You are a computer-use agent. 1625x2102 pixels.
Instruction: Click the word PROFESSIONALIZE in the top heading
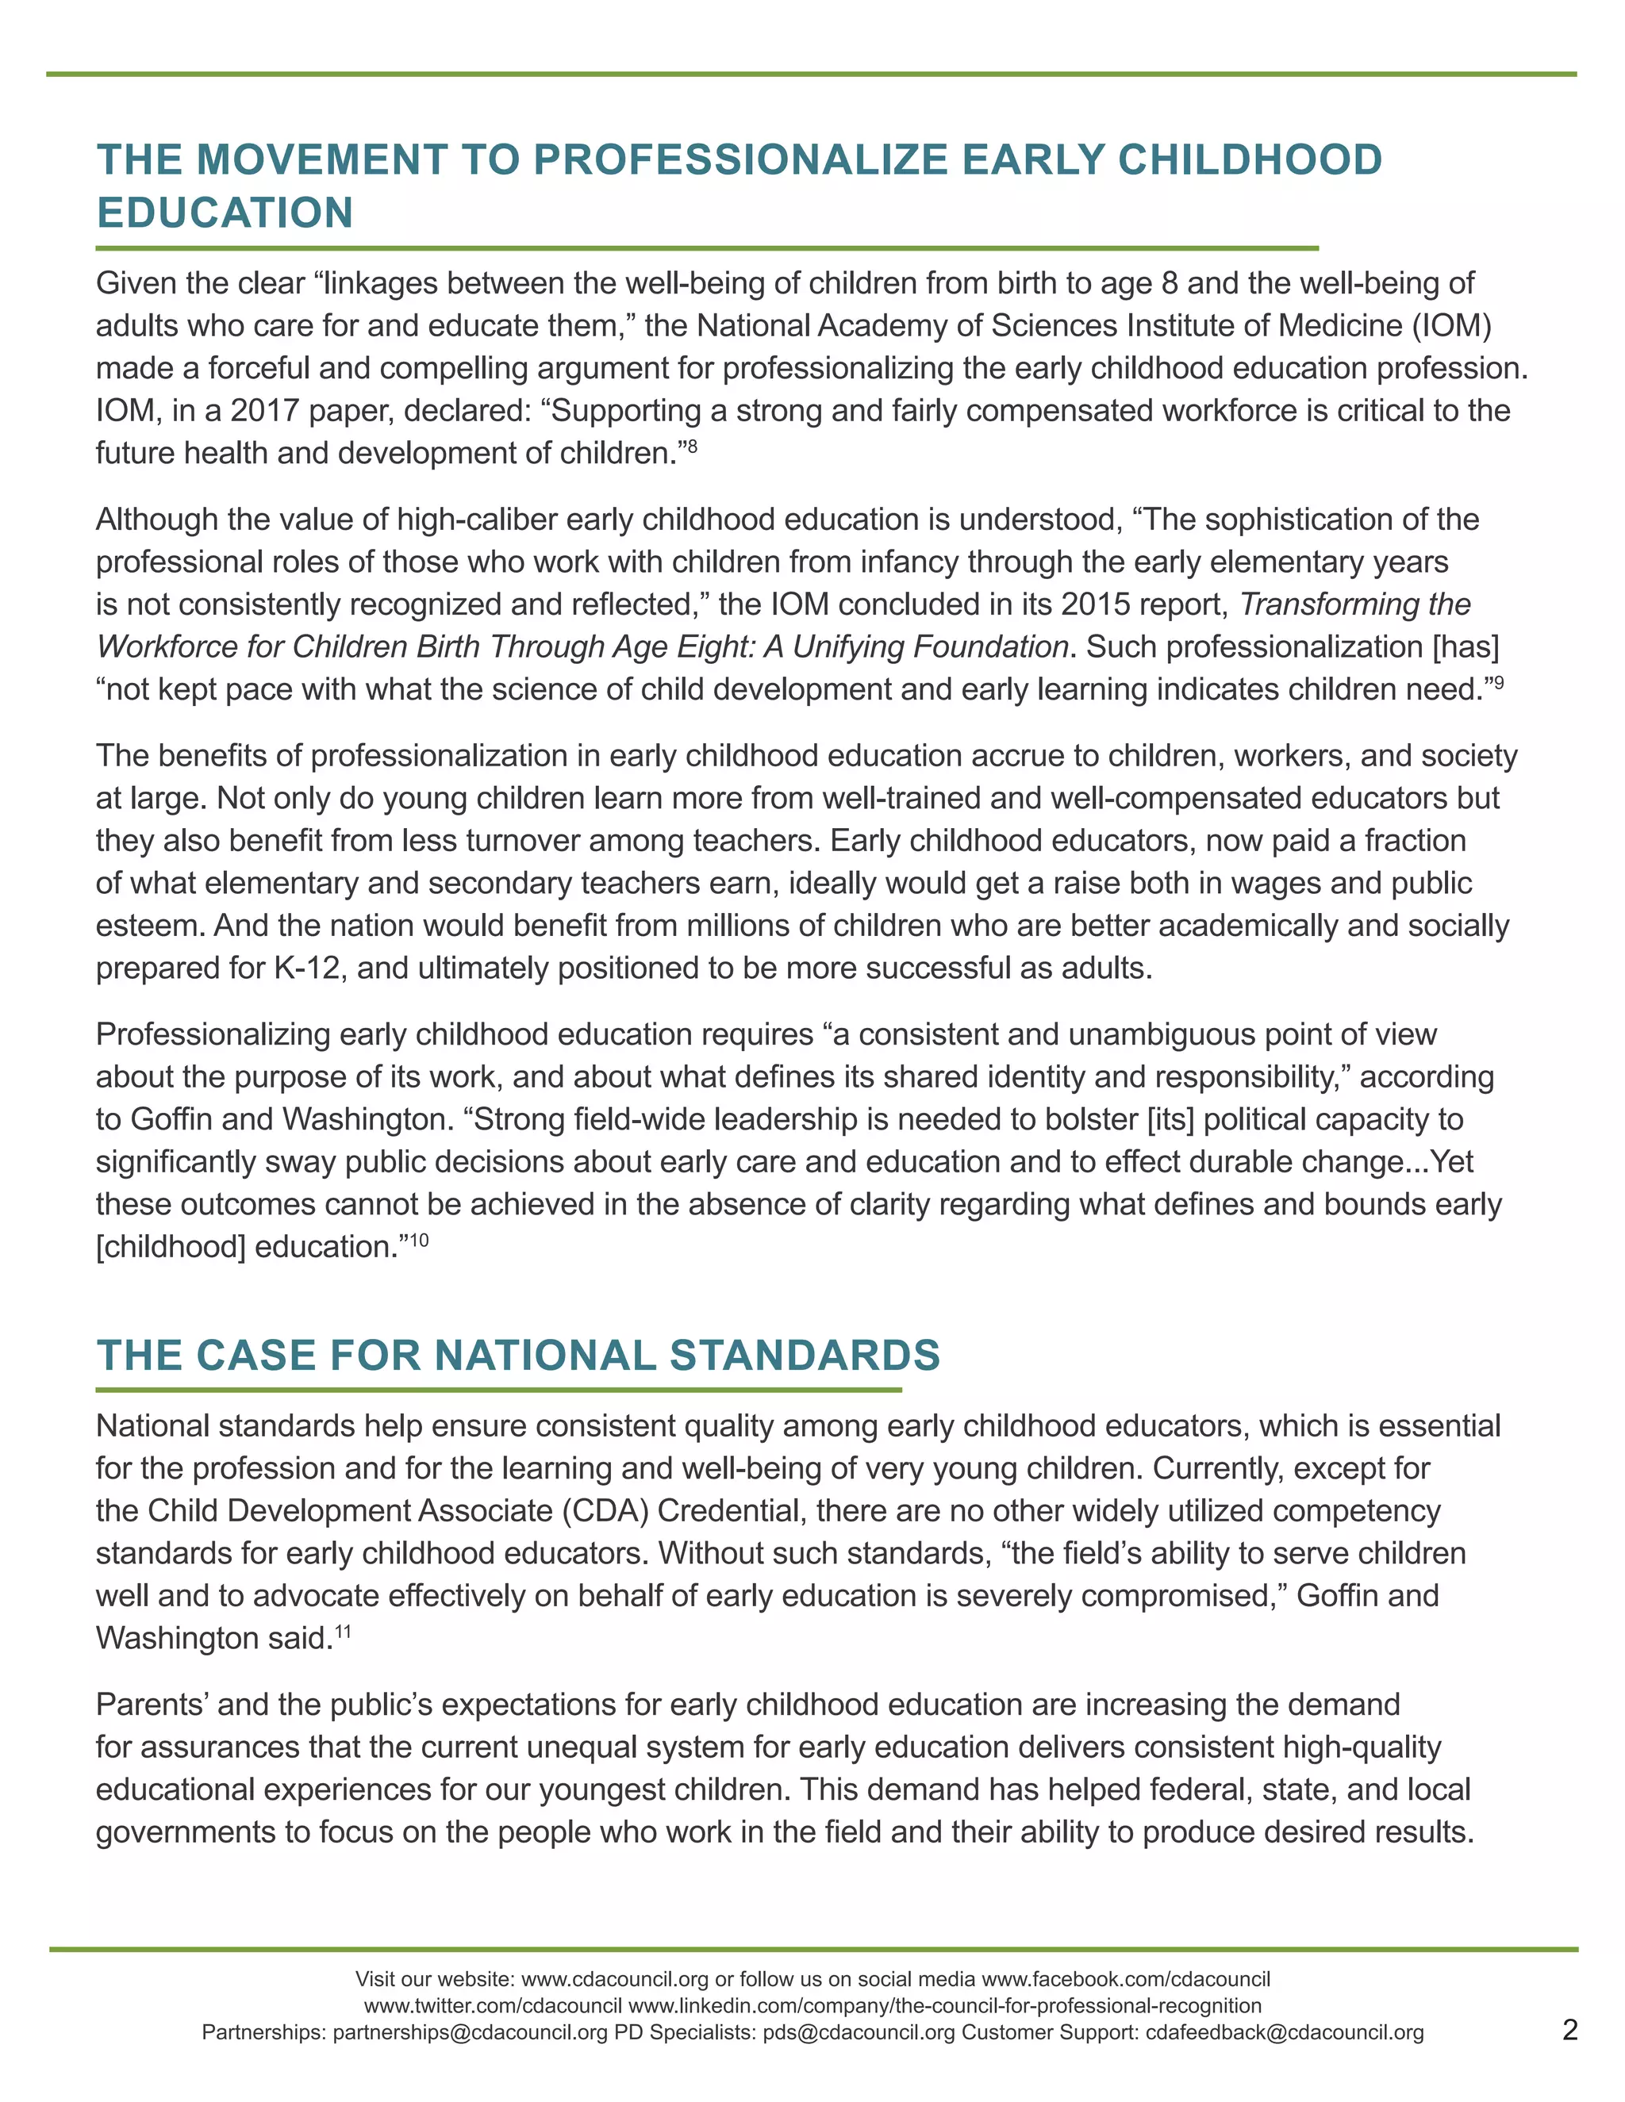(741, 159)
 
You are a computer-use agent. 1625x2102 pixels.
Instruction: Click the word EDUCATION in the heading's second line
(225, 213)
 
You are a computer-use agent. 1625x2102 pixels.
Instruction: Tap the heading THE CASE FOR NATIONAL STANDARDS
(518, 1355)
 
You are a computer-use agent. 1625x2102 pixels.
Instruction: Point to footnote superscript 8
(691, 446)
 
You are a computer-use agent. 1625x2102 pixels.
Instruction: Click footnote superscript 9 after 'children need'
(1497, 682)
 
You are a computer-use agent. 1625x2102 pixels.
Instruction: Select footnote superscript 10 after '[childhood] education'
(419, 1240)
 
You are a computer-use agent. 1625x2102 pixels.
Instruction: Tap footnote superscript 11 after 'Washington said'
(344, 1632)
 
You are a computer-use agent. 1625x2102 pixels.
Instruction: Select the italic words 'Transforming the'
(1354, 604)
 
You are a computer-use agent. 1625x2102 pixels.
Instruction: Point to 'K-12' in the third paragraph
(307, 969)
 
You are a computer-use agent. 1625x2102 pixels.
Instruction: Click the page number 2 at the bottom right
(1570, 2031)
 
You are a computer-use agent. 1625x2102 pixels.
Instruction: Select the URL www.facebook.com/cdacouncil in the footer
(1125, 1979)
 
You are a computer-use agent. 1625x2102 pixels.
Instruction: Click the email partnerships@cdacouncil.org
(470, 2033)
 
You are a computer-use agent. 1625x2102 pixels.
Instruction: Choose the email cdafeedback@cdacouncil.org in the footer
(1285, 2033)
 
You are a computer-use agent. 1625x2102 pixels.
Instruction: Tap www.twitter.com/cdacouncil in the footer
(493, 2006)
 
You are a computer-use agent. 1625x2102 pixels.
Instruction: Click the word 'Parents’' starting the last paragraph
(152, 1705)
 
